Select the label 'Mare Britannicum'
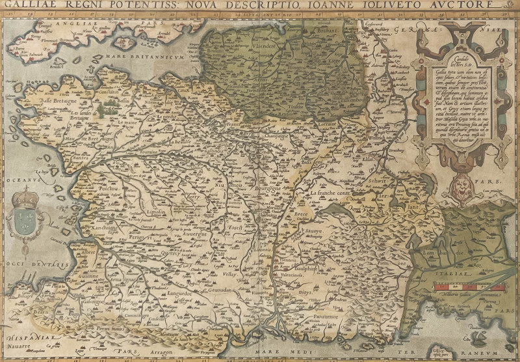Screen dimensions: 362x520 [142, 58]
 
